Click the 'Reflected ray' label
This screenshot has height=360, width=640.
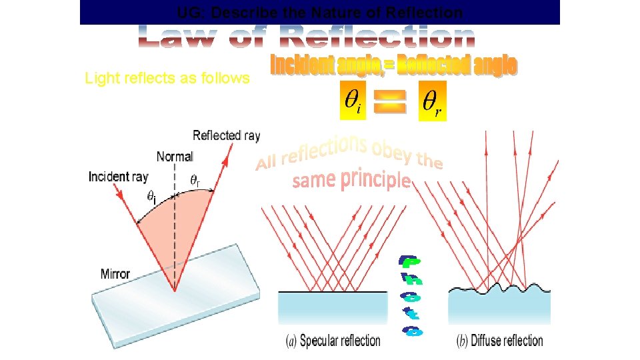pyautogui.click(x=226, y=136)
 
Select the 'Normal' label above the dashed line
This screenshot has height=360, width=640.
pyautogui.click(x=175, y=157)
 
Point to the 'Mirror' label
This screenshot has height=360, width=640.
pyautogui.click(x=115, y=274)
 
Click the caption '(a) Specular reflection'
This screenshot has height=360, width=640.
pyautogui.click(x=333, y=341)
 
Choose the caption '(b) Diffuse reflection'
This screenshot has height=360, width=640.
pyautogui.click(x=499, y=341)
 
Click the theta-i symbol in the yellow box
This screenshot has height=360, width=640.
pyautogui.click(x=353, y=101)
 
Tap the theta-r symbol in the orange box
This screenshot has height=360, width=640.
pyautogui.click(x=431, y=101)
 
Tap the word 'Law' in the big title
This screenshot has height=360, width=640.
pyautogui.click(x=177, y=37)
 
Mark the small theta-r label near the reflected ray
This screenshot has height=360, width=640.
pyautogui.click(x=195, y=181)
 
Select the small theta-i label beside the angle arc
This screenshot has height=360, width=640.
pyautogui.click(x=153, y=197)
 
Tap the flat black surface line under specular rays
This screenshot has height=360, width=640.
pyautogui.click(x=333, y=292)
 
